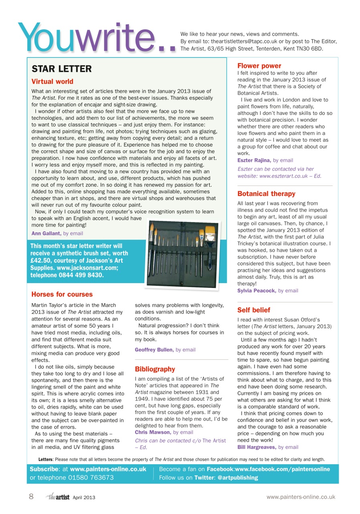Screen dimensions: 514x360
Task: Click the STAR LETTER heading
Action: (62, 69)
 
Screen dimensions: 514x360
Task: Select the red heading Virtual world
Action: (53, 82)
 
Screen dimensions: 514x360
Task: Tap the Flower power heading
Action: (259, 66)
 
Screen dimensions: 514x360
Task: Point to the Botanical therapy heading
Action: (266, 194)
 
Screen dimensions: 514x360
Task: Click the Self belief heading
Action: (254, 310)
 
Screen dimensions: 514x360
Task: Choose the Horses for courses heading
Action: (62, 294)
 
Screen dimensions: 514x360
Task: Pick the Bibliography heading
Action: (155, 369)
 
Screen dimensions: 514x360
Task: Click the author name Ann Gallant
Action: (47, 233)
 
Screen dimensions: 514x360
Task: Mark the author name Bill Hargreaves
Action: (257, 447)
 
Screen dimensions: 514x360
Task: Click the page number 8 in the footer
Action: (31, 497)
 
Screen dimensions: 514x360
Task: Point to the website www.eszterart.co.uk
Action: (287, 176)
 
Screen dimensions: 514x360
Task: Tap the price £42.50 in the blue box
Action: (40, 261)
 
